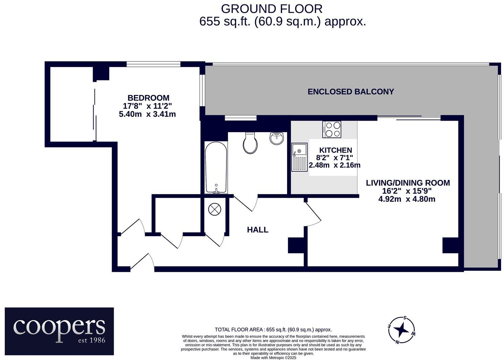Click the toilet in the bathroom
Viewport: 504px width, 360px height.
pyautogui.click(x=250, y=143)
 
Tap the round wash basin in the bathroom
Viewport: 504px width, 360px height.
pyautogui.click(x=277, y=138)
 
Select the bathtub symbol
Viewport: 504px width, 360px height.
pyautogui.click(x=216, y=168)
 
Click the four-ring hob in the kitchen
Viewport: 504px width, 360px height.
pyautogui.click(x=332, y=129)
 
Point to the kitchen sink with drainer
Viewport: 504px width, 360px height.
pyautogui.click(x=299, y=157)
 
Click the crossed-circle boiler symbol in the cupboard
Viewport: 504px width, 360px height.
pyautogui.click(x=215, y=209)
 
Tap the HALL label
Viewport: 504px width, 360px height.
pyautogui.click(x=258, y=230)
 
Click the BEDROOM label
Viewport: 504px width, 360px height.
pyautogui.click(x=148, y=98)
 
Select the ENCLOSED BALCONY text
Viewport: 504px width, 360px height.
pyautogui.click(x=351, y=92)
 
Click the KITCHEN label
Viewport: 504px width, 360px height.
pyautogui.click(x=335, y=150)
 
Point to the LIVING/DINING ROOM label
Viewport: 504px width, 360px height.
pyautogui.click(x=408, y=183)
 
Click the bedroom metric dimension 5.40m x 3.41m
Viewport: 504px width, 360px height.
pyautogui.click(x=147, y=114)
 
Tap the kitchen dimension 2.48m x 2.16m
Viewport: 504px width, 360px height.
pyautogui.click(x=334, y=165)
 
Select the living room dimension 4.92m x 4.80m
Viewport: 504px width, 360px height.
pyautogui.click(x=407, y=199)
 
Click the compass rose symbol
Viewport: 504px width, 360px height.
pyautogui.click(x=401, y=330)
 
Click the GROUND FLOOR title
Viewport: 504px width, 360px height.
pyautogui.click(x=271, y=8)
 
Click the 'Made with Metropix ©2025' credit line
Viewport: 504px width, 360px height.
pyautogui.click(x=273, y=358)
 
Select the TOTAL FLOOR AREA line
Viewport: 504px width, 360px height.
pyautogui.click(x=273, y=330)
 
